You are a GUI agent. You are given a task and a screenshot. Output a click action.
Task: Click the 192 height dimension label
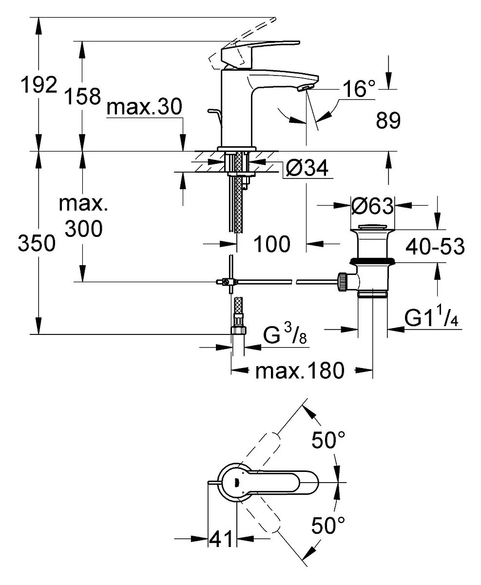click(39, 85)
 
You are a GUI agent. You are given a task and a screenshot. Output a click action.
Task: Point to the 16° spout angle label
click(359, 89)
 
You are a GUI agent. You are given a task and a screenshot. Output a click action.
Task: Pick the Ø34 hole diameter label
click(307, 168)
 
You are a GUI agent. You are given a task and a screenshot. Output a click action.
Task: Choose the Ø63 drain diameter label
click(372, 206)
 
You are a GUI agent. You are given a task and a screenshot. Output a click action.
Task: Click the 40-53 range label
click(435, 246)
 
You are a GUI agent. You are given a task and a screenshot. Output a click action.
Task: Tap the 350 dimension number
click(37, 243)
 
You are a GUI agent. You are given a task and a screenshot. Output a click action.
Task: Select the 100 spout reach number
click(272, 244)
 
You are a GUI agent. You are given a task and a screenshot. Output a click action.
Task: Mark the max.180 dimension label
click(300, 370)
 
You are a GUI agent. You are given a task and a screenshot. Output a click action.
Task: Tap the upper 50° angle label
click(328, 440)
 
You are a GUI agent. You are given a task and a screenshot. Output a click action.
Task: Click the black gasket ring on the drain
click(372, 261)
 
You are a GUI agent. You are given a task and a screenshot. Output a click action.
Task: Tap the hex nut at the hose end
click(238, 330)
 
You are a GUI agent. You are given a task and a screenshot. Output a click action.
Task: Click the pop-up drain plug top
click(372, 227)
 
